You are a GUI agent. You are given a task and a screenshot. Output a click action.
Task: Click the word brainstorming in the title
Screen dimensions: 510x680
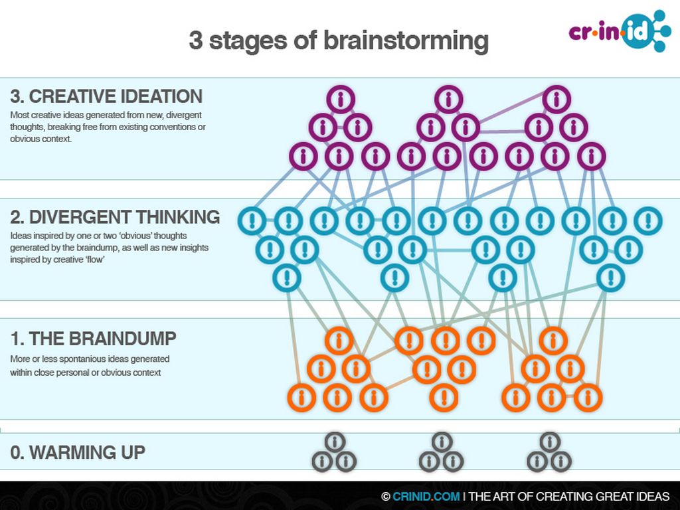[x=406, y=41]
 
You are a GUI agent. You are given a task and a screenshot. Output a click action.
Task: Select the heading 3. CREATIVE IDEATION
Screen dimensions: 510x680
[x=106, y=96]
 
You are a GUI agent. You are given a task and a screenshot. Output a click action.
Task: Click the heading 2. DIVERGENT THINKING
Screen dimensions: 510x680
[x=115, y=217]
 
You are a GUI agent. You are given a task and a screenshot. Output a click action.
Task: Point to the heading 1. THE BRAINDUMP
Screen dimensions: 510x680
[x=93, y=339]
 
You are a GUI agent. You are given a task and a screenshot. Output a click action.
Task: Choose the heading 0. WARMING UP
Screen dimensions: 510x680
[x=78, y=453]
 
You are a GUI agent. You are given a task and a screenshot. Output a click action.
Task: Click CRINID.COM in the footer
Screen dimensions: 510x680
[x=426, y=497]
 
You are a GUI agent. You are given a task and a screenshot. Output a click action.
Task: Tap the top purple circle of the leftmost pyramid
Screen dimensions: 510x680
[x=341, y=100]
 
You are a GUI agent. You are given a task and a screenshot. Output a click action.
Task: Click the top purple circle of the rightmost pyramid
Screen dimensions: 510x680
[x=556, y=100]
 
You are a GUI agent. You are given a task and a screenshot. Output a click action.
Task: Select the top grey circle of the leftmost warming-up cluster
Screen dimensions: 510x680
[x=335, y=442]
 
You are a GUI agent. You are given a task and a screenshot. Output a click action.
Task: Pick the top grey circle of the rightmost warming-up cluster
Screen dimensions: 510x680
[x=550, y=442]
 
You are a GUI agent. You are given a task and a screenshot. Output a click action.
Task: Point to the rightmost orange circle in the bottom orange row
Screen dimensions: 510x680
[x=588, y=397]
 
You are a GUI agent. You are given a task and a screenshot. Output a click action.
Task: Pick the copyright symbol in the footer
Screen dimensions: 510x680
[x=385, y=497]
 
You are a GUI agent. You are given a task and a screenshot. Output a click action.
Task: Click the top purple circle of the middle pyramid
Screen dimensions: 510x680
[x=448, y=100]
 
